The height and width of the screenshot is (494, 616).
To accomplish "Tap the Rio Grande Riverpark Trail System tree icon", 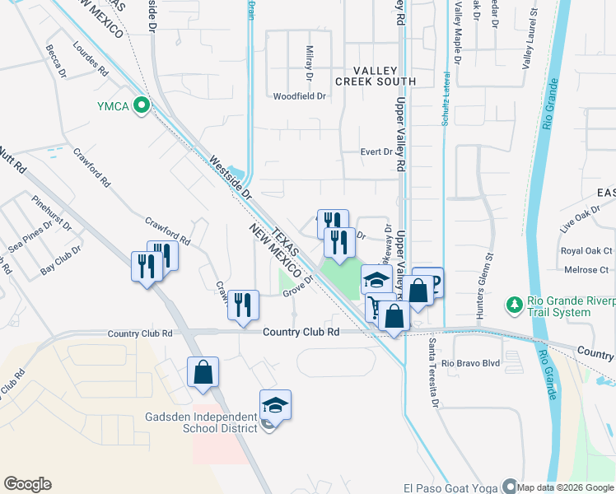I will (515, 305).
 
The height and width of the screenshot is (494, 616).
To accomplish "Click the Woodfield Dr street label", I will (301, 96).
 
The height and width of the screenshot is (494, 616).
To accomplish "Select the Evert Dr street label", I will (378, 151).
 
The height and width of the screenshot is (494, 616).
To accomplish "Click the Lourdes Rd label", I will (91, 59).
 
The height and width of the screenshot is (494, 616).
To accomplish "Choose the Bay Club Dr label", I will (61, 259).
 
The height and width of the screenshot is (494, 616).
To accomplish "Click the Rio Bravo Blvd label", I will (470, 363).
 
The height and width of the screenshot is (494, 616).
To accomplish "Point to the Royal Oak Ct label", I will (586, 251).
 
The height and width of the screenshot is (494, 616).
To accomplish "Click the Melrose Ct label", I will (586, 270).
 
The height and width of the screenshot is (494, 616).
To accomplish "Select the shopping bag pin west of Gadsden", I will (203, 373).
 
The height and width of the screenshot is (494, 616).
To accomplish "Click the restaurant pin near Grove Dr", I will (243, 305).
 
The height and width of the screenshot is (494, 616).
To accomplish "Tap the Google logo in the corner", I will (27, 484).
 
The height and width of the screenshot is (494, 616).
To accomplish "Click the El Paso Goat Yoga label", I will (451, 487).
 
